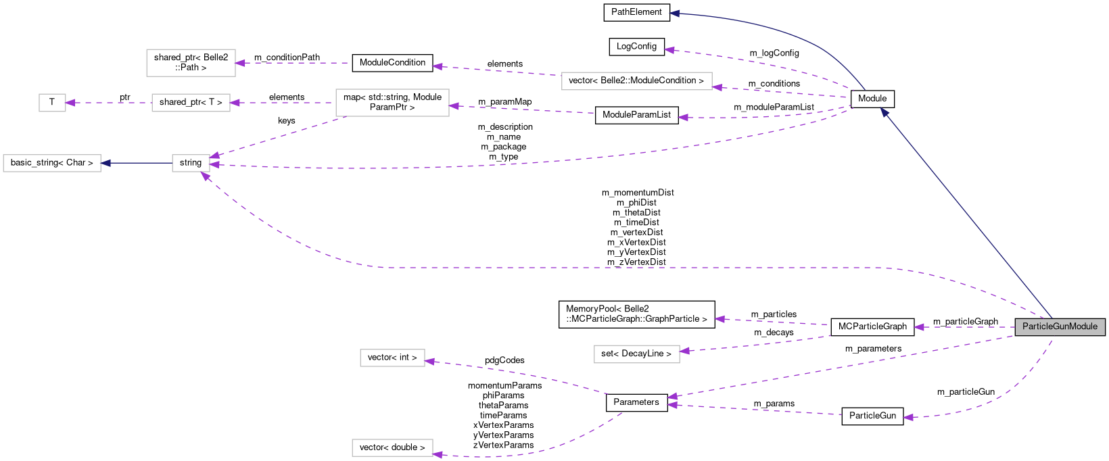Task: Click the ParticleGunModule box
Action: click(x=1060, y=326)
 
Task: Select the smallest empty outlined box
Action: click(x=52, y=103)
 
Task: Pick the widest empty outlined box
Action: click(x=636, y=81)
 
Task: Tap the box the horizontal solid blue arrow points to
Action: click(x=52, y=163)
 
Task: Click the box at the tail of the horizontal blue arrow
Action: click(x=191, y=163)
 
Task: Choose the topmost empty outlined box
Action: click(x=191, y=63)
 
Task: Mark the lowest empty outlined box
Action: click(x=392, y=447)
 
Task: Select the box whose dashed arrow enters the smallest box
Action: click(x=191, y=103)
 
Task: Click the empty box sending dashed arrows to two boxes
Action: click(x=392, y=103)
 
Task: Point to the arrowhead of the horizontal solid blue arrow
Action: click(x=105, y=163)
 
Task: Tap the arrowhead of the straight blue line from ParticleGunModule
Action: click(x=884, y=112)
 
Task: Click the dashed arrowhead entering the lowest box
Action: click(x=438, y=454)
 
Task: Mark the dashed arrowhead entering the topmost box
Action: click(x=240, y=63)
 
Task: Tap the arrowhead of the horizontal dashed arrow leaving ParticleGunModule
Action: click(x=918, y=327)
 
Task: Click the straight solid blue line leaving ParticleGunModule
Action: click(x=967, y=216)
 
